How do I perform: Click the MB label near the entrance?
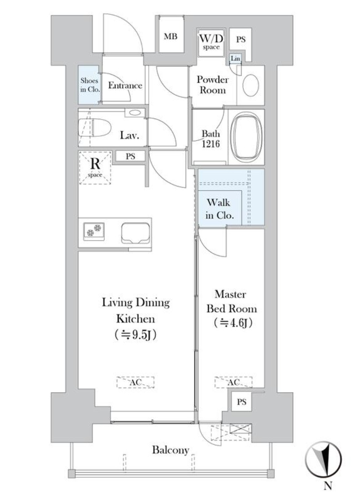[x=170, y=36]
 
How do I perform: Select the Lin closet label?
[x=235, y=58]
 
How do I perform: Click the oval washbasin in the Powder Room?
[x=251, y=85]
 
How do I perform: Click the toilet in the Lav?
[x=95, y=128]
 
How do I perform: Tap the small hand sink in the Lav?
[x=135, y=112]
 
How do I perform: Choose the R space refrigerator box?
[x=95, y=168]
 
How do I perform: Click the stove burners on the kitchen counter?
[x=94, y=230]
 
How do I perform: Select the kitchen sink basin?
[x=135, y=233]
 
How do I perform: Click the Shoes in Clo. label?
[x=89, y=85]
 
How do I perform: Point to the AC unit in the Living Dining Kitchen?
[x=135, y=382]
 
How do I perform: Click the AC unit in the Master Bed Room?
[x=234, y=382]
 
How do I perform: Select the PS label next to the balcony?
[x=241, y=402]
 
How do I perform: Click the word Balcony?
[x=170, y=450]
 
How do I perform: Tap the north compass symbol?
[x=323, y=459]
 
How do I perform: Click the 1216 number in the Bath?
[x=211, y=144]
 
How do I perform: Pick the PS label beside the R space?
[x=131, y=156]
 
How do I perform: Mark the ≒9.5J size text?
[x=135, y=335]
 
